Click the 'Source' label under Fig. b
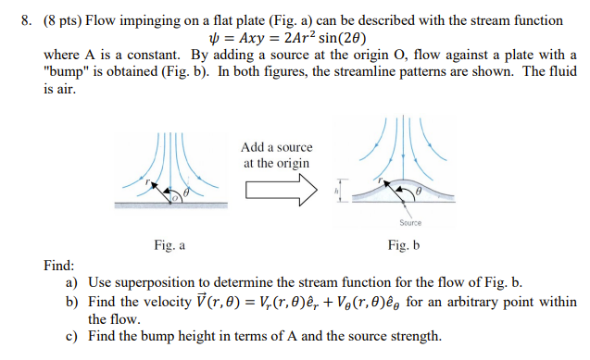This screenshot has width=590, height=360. coord(410,223)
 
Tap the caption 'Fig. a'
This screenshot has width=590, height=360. coord(169,245)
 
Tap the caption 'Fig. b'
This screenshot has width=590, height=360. coord(405,245)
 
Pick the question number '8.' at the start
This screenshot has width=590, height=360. coord(13,20)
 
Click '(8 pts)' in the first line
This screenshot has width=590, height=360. coord(49,20)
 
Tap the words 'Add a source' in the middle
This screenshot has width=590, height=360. coord(276,147)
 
